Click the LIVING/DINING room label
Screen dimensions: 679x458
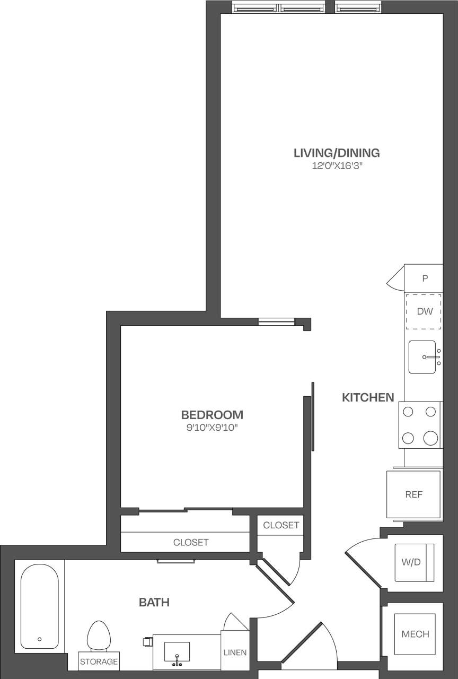click(337, 153)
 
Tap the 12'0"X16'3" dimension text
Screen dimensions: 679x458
click(337, 166)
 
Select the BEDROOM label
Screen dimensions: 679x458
click(212, 414)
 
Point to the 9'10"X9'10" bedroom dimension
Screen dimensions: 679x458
click(212, 427)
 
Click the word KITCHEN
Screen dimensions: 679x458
click(368, 397)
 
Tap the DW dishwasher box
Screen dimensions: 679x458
click(424, 311)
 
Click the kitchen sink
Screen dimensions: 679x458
click(422, 357)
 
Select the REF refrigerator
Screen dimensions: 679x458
click(414, 494)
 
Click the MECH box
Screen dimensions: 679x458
click(415, 634)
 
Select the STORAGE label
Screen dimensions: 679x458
click(99, 661)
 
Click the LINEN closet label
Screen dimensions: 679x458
click(235, 652)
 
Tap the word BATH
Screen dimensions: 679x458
click(154, 602)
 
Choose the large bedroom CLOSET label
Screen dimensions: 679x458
click(191, 542)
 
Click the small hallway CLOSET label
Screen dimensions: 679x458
click(281, 525)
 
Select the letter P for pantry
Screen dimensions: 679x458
click(425, 278)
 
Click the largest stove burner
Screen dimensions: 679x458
click(431, 438)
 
